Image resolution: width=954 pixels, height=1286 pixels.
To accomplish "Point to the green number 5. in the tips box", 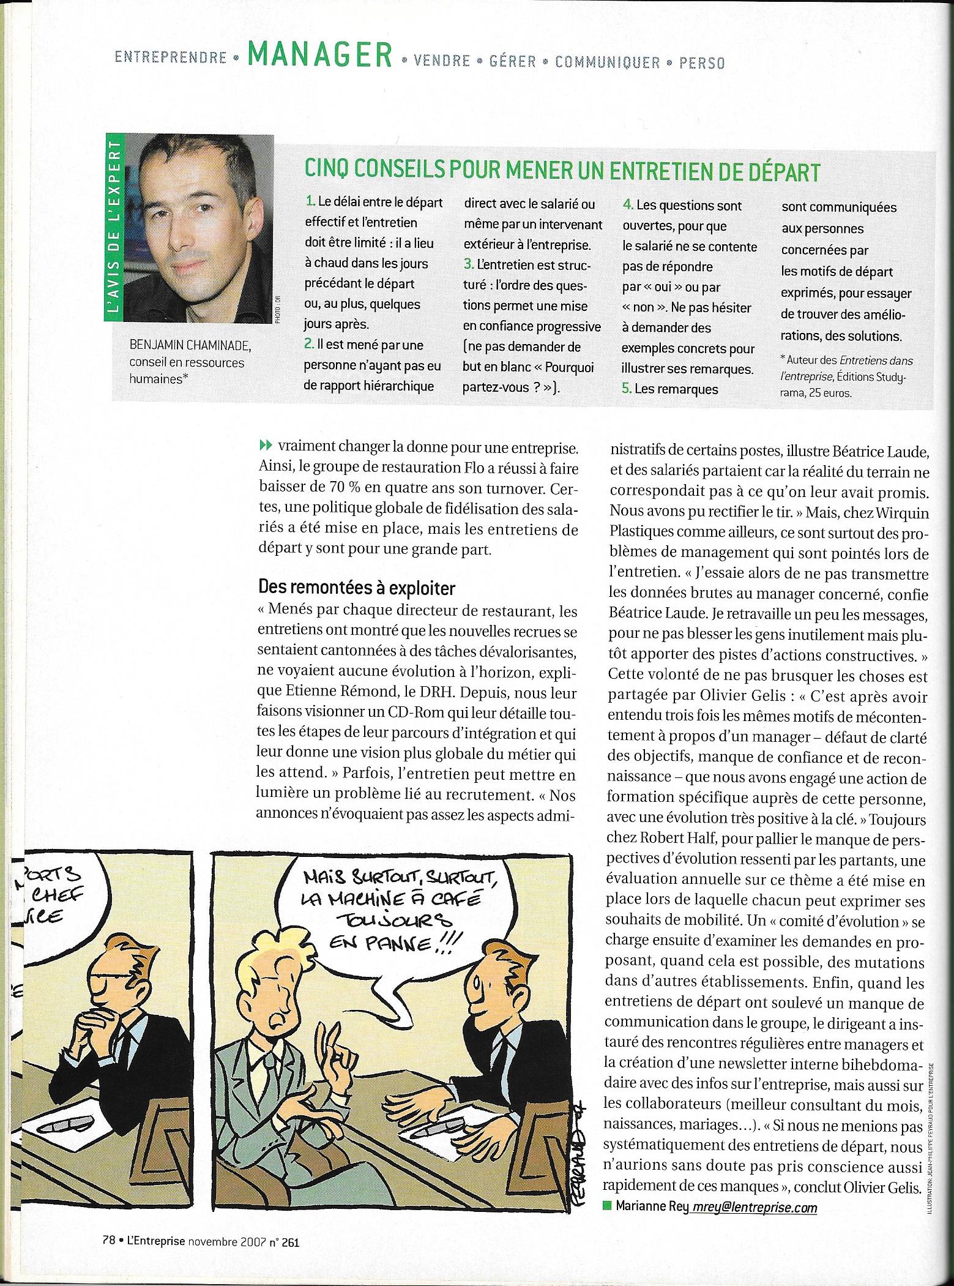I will pos(627,389).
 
